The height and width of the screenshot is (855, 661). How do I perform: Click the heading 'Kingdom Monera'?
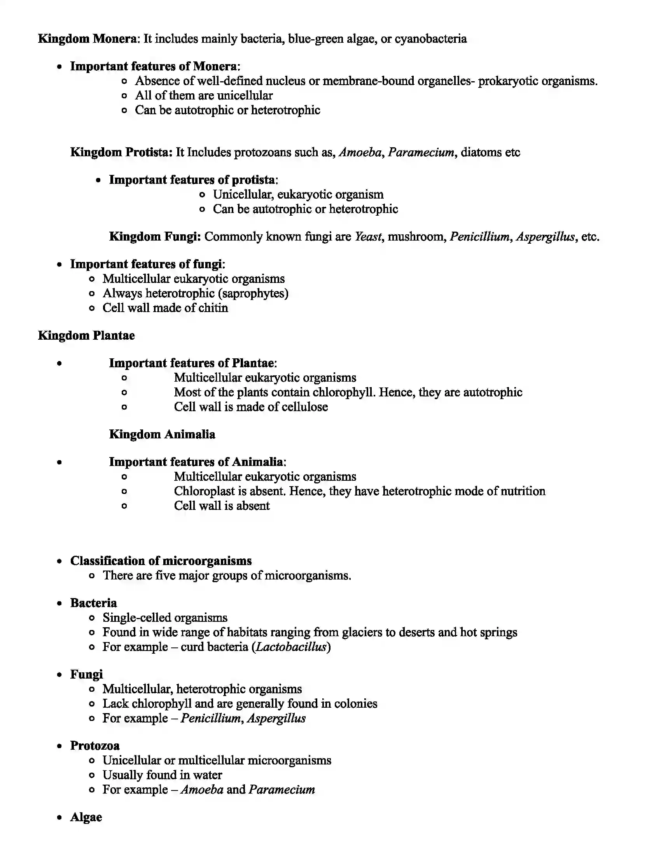[x=87, y=39]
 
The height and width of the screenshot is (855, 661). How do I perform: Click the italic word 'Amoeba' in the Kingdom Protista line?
[x=360, y=152]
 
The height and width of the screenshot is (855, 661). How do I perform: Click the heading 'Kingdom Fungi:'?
[x=155, y=236]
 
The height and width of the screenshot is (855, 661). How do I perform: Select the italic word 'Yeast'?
[x=368, y=236]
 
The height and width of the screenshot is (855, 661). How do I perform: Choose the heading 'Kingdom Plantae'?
[x=86, y=335]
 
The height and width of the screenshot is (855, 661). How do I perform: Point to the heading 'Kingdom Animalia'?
[x=162, y=434]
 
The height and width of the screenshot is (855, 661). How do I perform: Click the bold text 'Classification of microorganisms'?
[x=161, y=560]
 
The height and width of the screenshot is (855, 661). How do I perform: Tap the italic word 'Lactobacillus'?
[x=291, y=647]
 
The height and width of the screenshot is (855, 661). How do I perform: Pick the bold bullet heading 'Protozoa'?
[x=95, y=746]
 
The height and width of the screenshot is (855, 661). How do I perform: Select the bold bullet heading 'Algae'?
[x=86, y=817]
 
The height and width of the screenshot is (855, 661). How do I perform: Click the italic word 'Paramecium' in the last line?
[x=282, y=790]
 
